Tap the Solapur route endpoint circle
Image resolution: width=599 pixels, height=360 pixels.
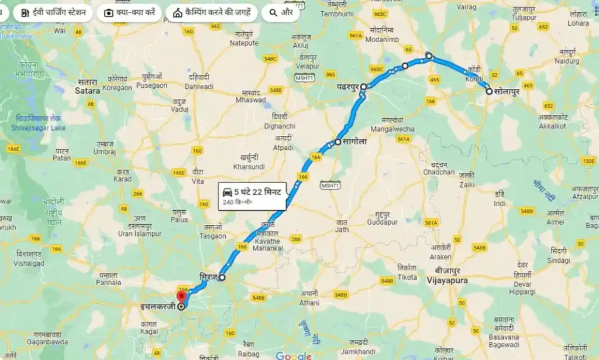point(489,91)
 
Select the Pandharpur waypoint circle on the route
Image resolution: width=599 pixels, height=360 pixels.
point(363,87)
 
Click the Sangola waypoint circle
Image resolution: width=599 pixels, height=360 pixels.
point(338,142)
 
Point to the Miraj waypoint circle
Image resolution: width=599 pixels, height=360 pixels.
point(222,278)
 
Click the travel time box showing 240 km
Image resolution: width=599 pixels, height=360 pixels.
point(252,196)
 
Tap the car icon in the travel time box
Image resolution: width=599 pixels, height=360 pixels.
point(227,191)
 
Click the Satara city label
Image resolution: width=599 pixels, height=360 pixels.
point(88,91)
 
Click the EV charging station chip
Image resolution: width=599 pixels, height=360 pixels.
point(53,13)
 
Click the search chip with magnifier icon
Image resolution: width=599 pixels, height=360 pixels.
point(280,13)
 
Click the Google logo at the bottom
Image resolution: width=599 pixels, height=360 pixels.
point(294,355)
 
